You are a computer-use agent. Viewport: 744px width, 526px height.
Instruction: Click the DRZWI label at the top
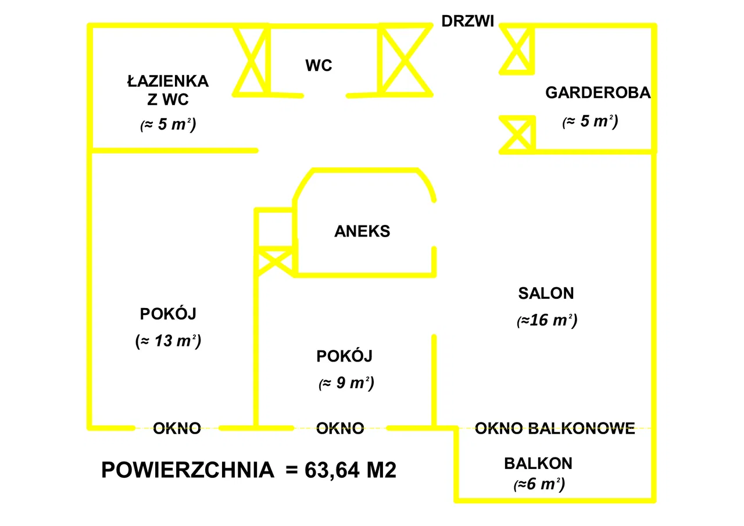(467, 22)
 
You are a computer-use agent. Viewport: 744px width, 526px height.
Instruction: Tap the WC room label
(319, 66)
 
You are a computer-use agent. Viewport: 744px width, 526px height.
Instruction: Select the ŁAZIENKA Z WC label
(167, 90)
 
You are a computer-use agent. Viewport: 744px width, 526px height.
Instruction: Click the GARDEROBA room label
(598, 93)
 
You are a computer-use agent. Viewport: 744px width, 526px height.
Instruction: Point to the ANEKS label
(362, 231)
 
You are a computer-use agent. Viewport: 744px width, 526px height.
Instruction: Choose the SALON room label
(546, 294)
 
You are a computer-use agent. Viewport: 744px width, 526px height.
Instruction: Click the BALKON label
(538, 464)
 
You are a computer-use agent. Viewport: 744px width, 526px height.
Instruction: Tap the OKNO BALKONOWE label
(555, 429)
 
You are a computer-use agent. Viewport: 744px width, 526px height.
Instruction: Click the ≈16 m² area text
(546, 320)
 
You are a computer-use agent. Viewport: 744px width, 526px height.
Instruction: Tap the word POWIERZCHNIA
(188, 470)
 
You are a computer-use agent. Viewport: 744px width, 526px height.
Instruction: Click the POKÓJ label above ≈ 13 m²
(168, 314)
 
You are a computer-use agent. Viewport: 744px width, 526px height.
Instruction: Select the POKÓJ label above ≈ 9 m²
(344, 356)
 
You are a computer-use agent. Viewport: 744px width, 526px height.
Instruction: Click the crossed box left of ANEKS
(275, 261)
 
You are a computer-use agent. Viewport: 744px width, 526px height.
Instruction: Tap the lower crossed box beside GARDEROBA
(517, 134)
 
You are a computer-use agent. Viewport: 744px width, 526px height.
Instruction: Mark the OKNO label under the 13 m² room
(177, 429)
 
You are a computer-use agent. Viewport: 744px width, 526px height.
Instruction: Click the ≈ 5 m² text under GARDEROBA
(589, 122)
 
